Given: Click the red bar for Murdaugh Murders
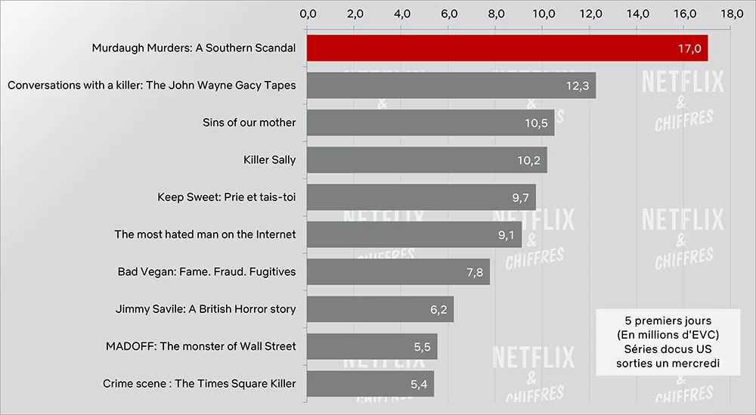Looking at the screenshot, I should tap(507, 48).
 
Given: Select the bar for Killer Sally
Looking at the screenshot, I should tap(426, 159).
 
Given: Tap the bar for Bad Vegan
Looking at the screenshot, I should tap(398, 271).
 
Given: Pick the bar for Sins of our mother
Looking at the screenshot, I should tap(430, 122).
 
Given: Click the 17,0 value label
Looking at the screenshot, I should tap(690, 48).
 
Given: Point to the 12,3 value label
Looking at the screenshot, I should tap(578, 85).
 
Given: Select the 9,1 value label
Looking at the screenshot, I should tap(507, 234).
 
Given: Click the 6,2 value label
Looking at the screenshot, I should tap(438, 309).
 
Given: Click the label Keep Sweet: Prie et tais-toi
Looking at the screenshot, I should tap(226, 197).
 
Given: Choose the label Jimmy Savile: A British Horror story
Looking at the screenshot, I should tap(206, 309).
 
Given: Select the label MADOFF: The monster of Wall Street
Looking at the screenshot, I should tap(201, 346).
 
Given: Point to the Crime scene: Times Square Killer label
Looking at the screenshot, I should tap(199, 384).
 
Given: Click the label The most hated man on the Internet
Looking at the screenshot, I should tap(205, 234).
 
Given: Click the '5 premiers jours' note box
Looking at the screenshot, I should tap(668, 342).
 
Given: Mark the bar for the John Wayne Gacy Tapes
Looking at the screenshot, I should tap(451, 85).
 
